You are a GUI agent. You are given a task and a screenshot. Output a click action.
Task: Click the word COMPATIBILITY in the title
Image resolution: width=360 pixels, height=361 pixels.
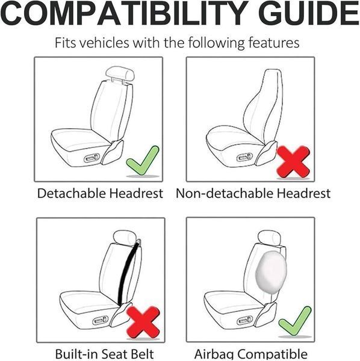tap(124, 13)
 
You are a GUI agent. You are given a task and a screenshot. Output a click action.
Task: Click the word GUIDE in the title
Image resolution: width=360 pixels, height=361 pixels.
tap(309, 13)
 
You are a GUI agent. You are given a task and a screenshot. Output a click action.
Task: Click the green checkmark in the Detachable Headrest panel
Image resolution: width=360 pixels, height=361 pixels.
tap(142, 161)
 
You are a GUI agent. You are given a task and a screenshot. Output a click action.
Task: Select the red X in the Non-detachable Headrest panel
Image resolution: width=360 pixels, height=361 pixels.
tap(293, 162)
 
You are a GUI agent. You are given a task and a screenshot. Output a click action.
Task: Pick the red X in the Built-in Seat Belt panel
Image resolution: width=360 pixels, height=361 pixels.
tap(143, 322)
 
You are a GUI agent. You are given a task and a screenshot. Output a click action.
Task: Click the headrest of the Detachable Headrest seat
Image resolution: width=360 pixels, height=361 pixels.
tap(120, 73)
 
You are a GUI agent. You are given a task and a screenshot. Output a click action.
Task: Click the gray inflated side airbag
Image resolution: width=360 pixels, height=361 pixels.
tap(271, 273)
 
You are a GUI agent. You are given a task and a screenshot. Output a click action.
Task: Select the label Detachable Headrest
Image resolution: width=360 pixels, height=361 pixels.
tap(100, 193)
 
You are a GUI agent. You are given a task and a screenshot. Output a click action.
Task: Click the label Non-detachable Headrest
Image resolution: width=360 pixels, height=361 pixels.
tap(253, 193)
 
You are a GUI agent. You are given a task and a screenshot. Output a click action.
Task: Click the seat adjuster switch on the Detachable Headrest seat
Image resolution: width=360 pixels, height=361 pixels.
tap(92, 158)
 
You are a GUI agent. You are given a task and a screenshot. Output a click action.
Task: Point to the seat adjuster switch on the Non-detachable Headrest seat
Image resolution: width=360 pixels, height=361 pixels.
tap(245, 158)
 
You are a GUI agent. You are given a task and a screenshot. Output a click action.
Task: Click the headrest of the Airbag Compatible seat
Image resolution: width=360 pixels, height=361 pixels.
tap(269, 238)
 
